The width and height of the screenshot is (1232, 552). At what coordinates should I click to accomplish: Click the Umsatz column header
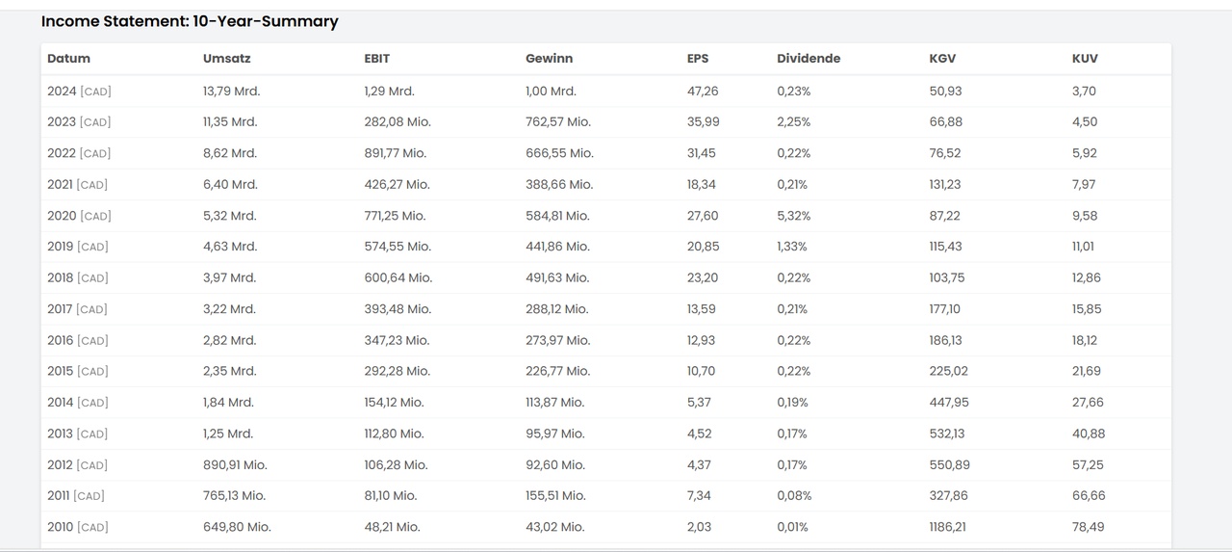click(x=226, y=59)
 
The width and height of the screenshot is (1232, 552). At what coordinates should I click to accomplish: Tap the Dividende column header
click(x=808, y=59)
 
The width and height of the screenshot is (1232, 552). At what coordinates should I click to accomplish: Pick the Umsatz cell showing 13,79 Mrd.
click(x=231, y=92)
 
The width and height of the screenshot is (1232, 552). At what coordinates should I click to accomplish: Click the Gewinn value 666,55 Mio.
click(x=559, y=153)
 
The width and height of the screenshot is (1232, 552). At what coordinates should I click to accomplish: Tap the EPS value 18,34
click(x=703, y=184)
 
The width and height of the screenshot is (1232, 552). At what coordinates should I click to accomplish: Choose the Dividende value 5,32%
click(x=794, y=216)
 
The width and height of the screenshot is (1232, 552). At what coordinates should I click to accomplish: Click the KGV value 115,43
click(x=945, y=247)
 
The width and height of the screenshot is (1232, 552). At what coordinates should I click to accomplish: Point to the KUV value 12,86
click(x=1087, y=277)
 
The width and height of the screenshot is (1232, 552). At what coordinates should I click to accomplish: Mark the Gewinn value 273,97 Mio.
click(x=558, y=340)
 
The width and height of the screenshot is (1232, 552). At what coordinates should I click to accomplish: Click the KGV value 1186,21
click(x=948, y=527)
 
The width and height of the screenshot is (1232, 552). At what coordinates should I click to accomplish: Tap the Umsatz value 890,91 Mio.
click(x=235, y=464)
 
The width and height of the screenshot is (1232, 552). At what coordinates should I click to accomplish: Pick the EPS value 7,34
click(x=699, y=495)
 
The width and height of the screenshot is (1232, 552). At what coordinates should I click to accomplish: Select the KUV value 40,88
click(x=1089, y=434)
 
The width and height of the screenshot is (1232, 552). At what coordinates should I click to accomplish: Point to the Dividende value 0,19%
click(x=793, y=403)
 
